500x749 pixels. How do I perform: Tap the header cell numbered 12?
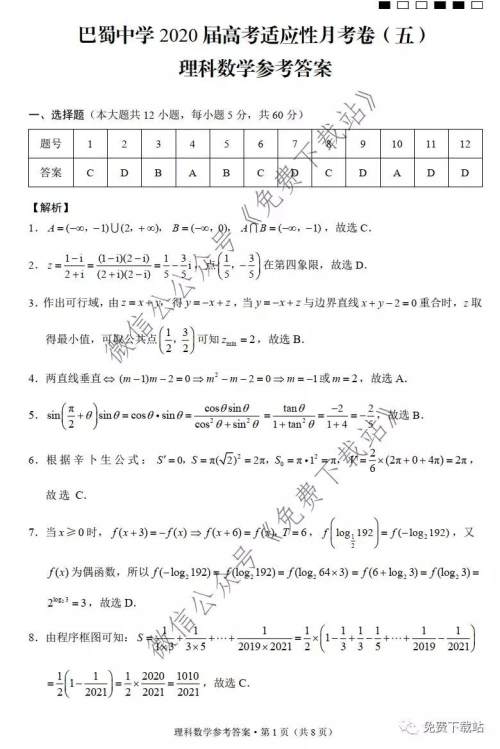tap(465, 145)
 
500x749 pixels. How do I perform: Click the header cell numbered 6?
tap(260, 145)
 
